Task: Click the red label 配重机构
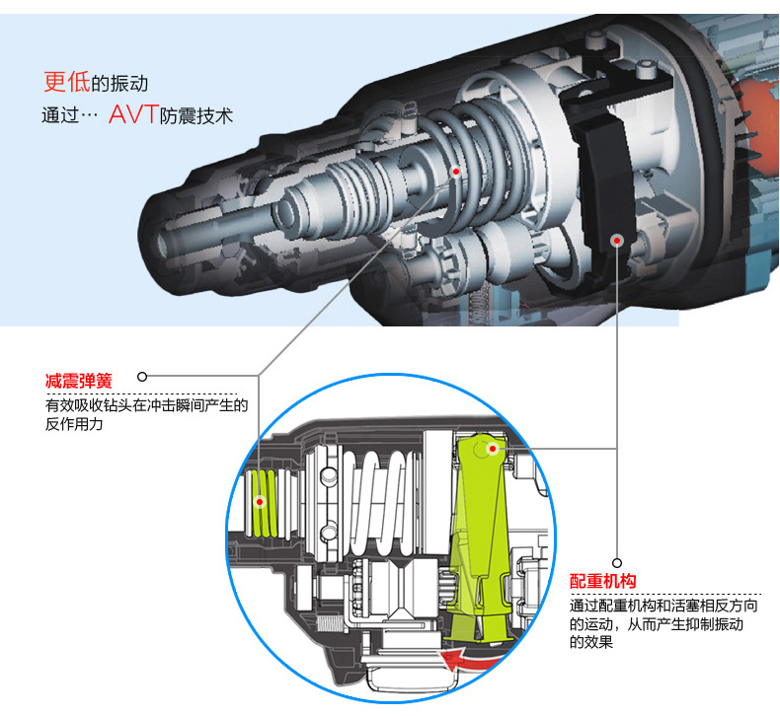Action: pos(602,581)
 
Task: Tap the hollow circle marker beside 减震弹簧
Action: pos(142,376)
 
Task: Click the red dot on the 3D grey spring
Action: pos(456,171)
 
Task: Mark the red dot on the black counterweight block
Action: pos(617,238)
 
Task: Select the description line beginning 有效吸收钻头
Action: pos(145,405)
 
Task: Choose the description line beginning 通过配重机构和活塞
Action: pos(656,606)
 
